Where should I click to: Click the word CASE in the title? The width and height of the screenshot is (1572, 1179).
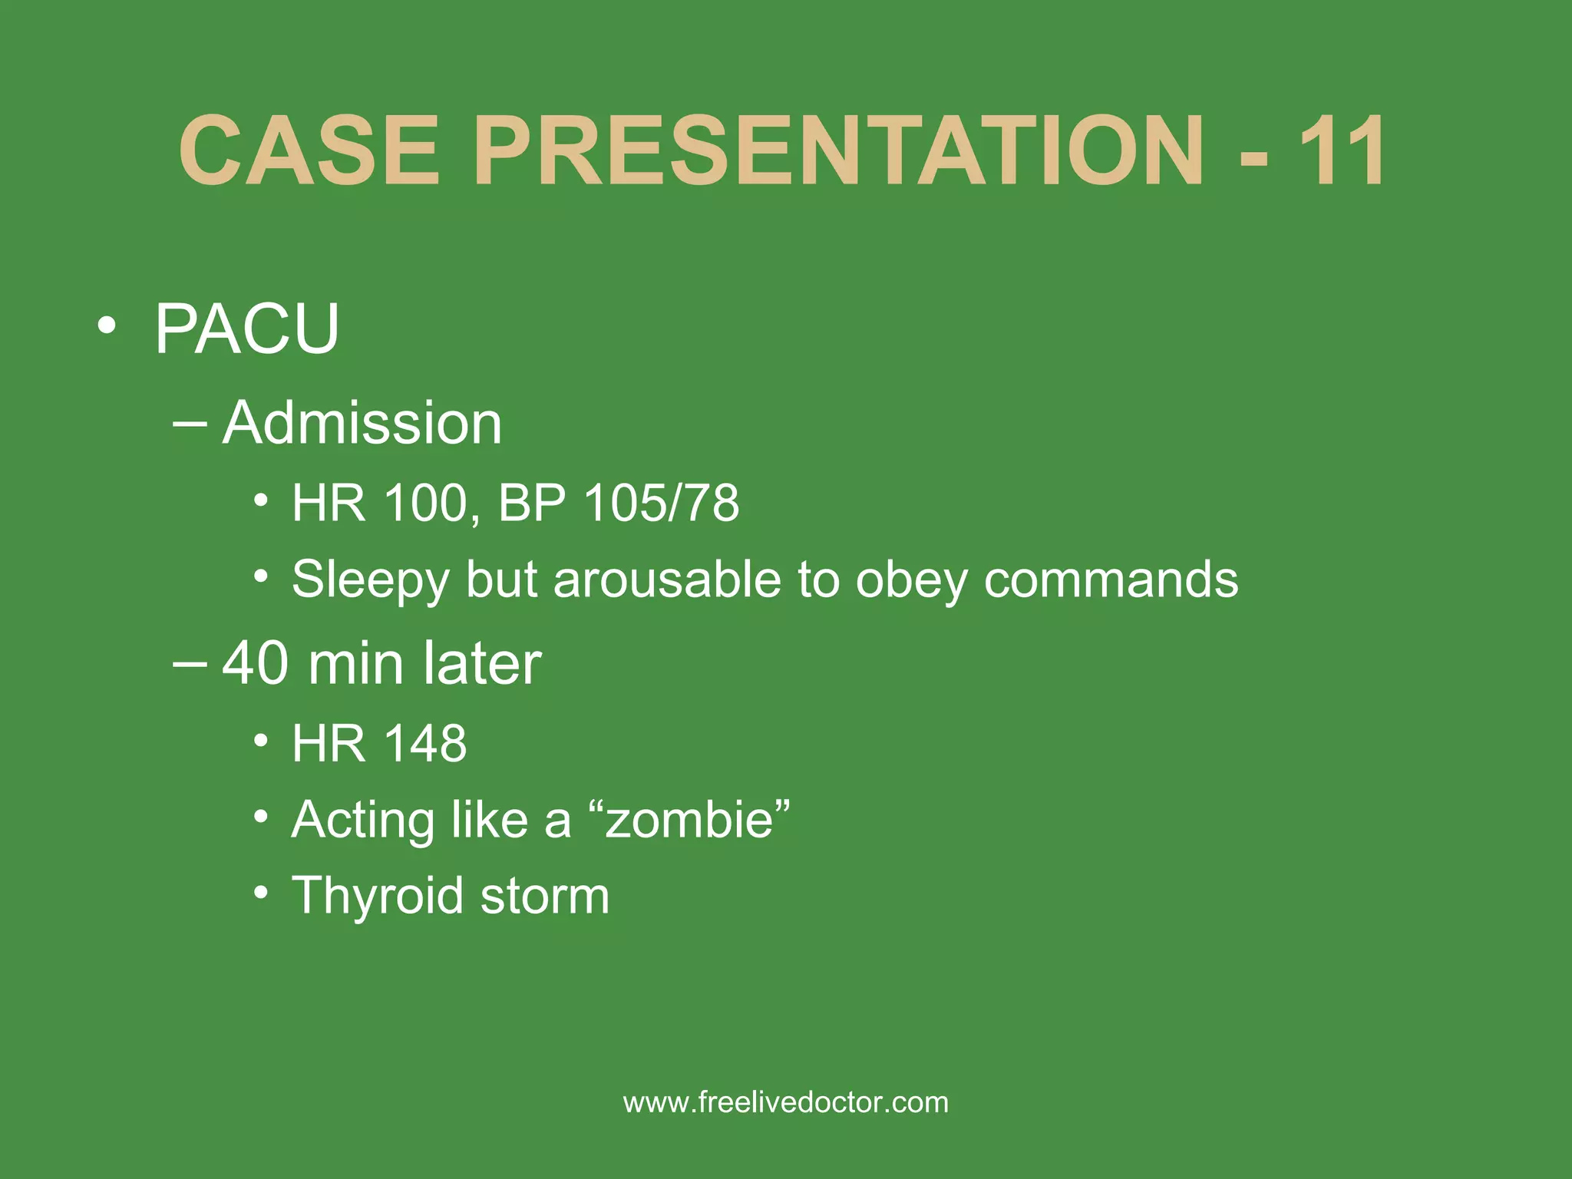[309, 150]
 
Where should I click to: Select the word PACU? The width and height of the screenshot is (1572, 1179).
[246, 329]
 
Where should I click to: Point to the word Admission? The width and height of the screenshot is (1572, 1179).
[362, 423]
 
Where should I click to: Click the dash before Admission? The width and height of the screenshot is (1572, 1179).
[190, 423]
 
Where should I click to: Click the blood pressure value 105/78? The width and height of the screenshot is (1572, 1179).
[661, 504]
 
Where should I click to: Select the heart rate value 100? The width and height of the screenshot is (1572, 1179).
[425, 504]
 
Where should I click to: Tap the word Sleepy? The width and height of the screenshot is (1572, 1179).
[370, 581]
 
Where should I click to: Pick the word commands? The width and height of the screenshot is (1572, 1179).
[1111, 580]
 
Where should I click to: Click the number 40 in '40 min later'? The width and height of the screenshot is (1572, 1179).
[256, 663]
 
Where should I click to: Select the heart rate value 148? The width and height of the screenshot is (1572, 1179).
[424, 744]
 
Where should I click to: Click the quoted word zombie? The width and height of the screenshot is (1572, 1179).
[690, 820]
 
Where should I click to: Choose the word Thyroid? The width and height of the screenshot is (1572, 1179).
[378, 897]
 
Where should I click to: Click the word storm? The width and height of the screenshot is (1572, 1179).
[545, 897]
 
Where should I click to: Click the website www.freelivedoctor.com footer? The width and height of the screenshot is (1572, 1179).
[786, 1103]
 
